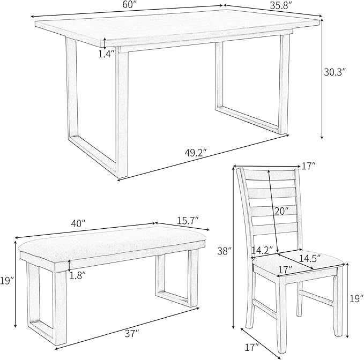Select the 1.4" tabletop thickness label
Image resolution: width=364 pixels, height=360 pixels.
pyautogui.click(x=107, y=55)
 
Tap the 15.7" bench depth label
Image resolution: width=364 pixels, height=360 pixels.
pyautogui.click(x=185, y=220)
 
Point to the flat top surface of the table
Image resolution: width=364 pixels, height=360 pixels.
pyautogui.click(x=177, y=29)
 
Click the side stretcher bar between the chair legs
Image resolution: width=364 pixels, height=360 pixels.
pyautogui.click(x=317, y=297)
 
